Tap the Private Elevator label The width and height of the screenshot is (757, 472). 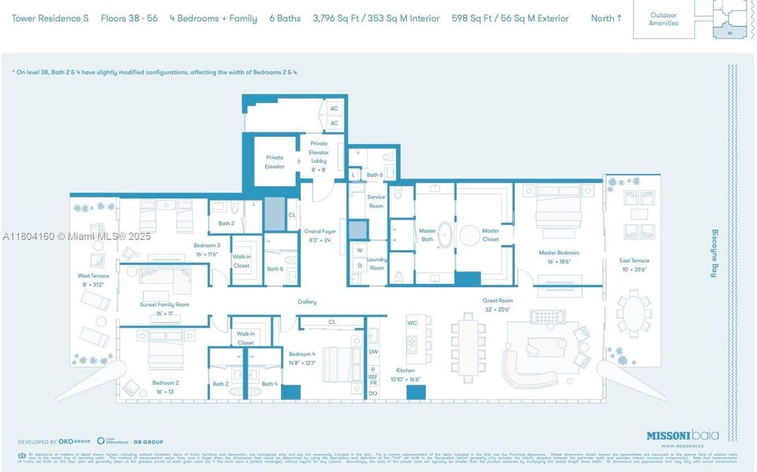tap(274, 161)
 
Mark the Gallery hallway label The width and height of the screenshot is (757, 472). tap(307, 301)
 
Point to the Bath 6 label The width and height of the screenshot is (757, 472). tap(375, 175)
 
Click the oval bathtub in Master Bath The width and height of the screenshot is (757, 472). tap(445, 235)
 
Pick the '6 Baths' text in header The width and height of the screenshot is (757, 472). tap(284, 18)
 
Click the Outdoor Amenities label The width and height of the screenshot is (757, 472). tap(663, 19)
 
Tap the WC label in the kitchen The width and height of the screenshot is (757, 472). tap(412, 323)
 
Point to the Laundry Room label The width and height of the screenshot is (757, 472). tap(377, 264)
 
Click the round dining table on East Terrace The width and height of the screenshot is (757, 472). tap(633, 312)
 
